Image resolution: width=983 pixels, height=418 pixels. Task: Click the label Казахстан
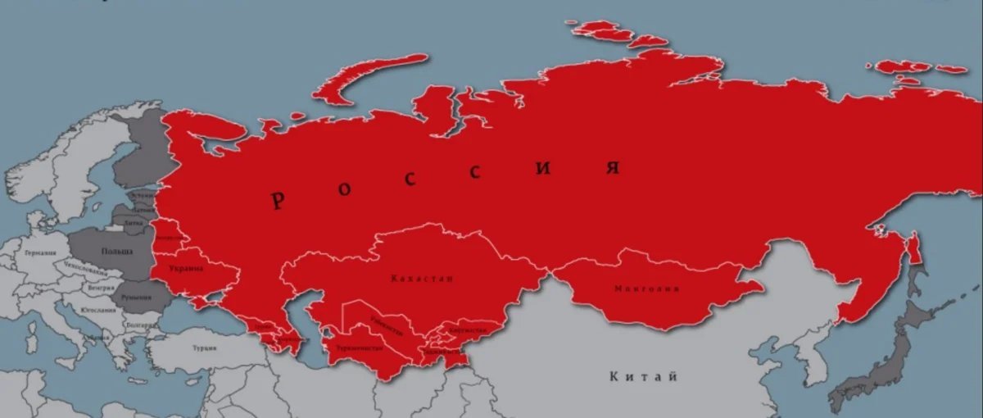click(x=422, y=279)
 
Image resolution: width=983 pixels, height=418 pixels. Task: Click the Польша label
click(x=116, y=250)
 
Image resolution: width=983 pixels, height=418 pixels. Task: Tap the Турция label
click(x=204, y=348)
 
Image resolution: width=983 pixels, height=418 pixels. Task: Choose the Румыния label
click(x=135, y=297)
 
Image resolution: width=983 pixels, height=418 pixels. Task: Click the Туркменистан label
click(x=359, y=348)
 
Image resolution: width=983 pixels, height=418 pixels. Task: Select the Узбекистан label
click(x=385, y=325)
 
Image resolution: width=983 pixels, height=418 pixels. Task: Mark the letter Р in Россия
click(x=279, y=200)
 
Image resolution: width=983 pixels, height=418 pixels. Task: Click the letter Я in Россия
click(x=611, y=168)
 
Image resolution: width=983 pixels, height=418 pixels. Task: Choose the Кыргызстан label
click(x=468, y=329)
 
